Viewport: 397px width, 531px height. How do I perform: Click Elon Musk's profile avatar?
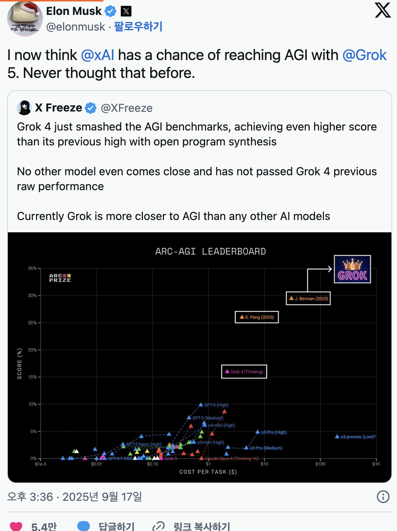[25, 19]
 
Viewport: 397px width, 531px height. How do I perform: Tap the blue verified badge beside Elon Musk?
[110, 12]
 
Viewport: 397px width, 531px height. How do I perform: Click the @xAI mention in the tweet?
[97, 55]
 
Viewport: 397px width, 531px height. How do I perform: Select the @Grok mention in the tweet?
[364, 55]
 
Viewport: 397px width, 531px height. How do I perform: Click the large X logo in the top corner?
[383, 10]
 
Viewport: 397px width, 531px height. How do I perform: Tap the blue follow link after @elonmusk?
[138, 27]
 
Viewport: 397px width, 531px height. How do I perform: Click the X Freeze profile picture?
[24, 108]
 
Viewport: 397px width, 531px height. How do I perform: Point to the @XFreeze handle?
[126, 108]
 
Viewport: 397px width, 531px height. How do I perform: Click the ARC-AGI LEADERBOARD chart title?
[210, 252]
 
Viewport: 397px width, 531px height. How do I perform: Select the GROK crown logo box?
[352, 269]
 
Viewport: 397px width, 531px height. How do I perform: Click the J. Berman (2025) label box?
[308, 298]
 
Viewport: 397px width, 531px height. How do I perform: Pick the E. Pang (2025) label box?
[257, 317]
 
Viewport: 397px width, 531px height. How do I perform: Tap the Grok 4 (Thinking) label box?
[244, 371]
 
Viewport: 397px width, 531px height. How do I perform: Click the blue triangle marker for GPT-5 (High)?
[201, 405]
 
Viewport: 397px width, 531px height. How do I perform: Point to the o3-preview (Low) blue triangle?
[337, 436]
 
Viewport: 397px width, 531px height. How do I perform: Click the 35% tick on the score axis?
[32, 268]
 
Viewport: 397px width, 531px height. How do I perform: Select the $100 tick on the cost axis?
[320, 464]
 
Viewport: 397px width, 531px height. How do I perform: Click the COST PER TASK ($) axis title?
[208, 472]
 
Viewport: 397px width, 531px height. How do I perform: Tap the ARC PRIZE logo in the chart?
[60, 278]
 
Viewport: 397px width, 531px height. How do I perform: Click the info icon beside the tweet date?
[383, 497]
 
